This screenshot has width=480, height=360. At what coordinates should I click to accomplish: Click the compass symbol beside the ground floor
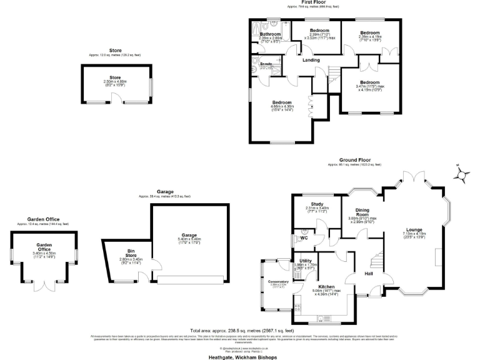(x=461, y=174)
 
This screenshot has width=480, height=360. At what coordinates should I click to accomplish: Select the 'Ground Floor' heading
(x=356, y=160)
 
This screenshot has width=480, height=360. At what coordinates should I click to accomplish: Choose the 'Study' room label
(x=316, y=204)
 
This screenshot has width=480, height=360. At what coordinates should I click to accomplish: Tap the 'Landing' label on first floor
(x=311, y=60)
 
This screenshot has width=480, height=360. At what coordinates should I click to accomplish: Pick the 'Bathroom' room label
(x=271, y=34)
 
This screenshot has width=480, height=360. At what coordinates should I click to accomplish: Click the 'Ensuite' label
(x=266, y=64)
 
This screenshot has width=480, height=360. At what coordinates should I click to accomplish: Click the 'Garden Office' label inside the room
(x=44, y=247)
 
